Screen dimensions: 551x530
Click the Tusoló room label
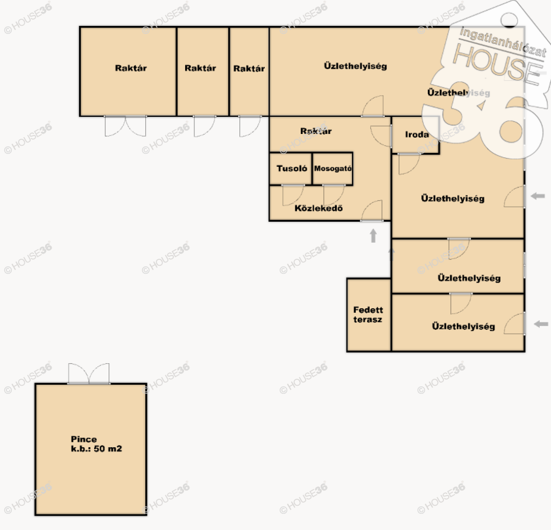pos(292,168)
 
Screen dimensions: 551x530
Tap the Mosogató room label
pos(333,168)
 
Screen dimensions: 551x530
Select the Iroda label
pos(417,135)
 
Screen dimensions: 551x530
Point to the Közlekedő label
pos(319,208)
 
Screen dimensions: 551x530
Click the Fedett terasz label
pos(368,315)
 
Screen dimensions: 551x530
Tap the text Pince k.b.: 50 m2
pos(96,444)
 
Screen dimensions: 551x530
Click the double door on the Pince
pos(89,373)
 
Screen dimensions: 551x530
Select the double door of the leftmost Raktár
pos(125,126)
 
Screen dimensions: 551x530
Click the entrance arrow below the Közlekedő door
pos(373,236)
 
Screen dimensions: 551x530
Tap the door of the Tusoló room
pos(293,195)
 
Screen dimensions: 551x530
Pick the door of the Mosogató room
pos(334,195)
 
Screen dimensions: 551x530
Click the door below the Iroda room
pos(409,164)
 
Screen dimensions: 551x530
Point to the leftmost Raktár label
pos(131,68)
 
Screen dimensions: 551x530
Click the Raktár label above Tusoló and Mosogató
pos(316,131)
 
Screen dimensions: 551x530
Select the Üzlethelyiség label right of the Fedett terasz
pos(463,327)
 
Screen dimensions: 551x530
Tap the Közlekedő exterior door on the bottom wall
pos(372,211)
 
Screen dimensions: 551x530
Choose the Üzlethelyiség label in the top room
pos(355,66)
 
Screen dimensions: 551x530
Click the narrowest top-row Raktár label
pos(249,68)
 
